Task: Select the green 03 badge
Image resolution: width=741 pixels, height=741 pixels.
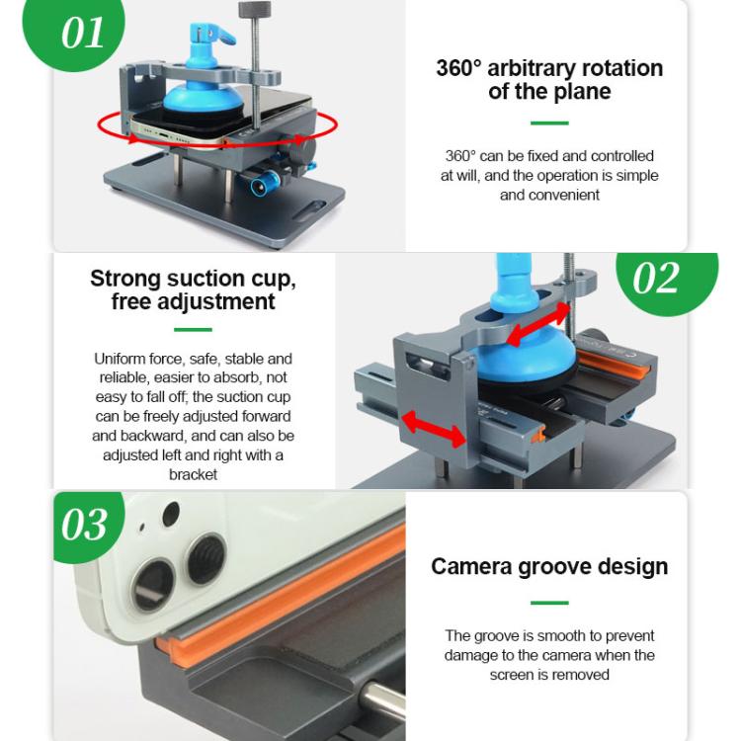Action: pyautogui.click(x=83, y=524)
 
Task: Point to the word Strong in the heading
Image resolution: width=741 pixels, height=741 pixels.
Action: pyautogui.click(x=126, y=279)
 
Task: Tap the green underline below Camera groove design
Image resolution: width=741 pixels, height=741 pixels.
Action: pyautogui.click(x=549, y=603)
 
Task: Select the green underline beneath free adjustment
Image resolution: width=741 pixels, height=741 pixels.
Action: pyautogui.click(x=193, y=330)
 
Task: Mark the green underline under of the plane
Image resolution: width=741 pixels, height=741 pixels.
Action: pyautogui.click(x=549, y=123)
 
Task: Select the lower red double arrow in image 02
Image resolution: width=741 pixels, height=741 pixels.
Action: pyautogui.click(x=433, y=430)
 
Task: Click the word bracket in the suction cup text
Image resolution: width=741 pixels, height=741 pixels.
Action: pyautogui.click(x=193, y=474)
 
